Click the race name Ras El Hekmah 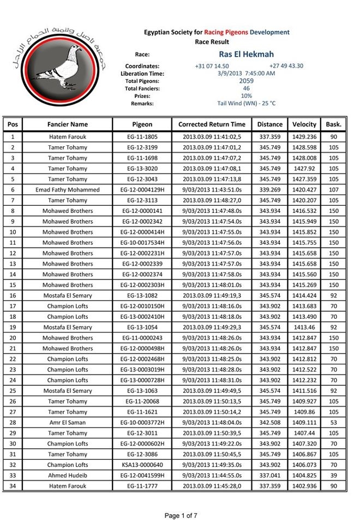click(x=246, y=55)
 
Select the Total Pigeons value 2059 click(x=247, y=81)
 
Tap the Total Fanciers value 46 click(x=247, y=88)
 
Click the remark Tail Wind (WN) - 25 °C click(x=247, y=103)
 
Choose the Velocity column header click(x=304, y=124)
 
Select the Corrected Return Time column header click(x=212, y=124)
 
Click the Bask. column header click(x=333, y=124)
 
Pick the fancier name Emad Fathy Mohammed click(x=68, y=190)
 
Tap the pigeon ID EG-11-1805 click(x=142, y=137)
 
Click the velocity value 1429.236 click(x=304, y=137)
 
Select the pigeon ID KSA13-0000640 click(x=142, y=465)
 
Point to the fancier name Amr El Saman click(x=68, y=422)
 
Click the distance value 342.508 click(x=269, y=422)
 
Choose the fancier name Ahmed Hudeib click(x=68, y=475)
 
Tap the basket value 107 click(x=333, y=190)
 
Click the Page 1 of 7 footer click(x=181, y=515)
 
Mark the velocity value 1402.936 click(x=304, y=486)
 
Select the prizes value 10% click(x=247, y=96)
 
